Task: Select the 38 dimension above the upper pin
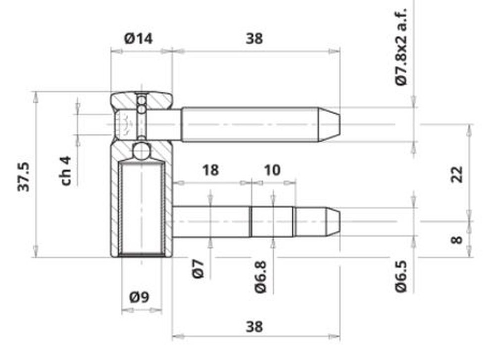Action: click(254, 38)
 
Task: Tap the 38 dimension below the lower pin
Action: click(254, 326)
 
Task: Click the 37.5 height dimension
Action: click(25, 176)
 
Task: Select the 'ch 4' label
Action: click(66, 171)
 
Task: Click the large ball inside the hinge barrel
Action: click(142, 151)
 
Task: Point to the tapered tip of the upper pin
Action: click(329, 124)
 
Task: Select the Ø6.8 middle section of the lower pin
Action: click(272, 221)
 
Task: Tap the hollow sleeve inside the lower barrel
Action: click(142, 208)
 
